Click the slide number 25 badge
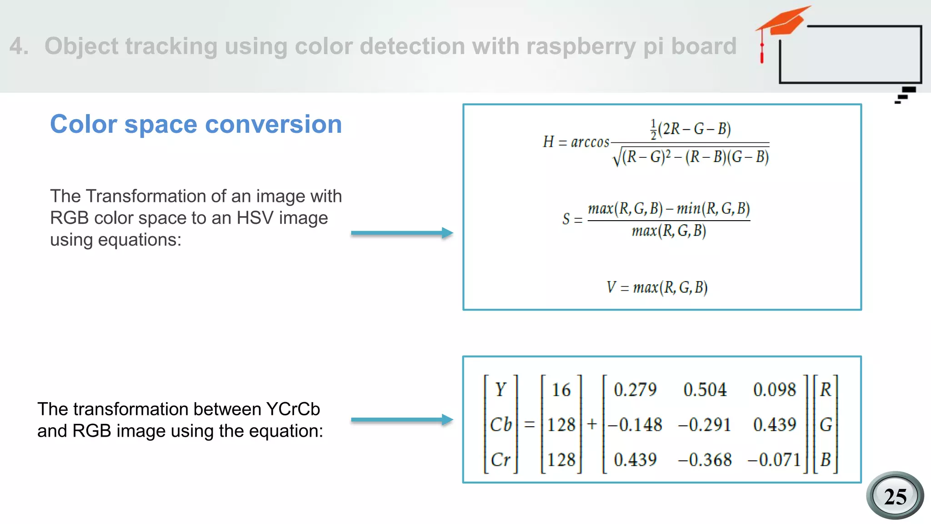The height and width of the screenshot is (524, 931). [895, 496]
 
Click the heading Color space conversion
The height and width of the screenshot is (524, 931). [196, 124]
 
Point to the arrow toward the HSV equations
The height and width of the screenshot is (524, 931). [402, 233]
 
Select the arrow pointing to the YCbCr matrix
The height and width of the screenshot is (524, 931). [402, 420]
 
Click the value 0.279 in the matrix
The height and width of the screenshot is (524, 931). [635, 390]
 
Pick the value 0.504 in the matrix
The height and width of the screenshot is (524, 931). [705, 390]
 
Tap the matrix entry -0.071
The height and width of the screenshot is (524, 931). [774, 460]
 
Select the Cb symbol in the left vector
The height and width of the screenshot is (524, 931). [501, 425]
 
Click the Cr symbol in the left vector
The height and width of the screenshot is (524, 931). [501, 460]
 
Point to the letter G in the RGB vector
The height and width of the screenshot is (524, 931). [826, 425]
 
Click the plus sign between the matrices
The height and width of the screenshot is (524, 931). [592, 424]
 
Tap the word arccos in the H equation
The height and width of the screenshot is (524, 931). [590, 142]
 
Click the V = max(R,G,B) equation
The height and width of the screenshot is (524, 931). [657, 287]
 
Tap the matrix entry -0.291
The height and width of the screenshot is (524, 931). [704, 425]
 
